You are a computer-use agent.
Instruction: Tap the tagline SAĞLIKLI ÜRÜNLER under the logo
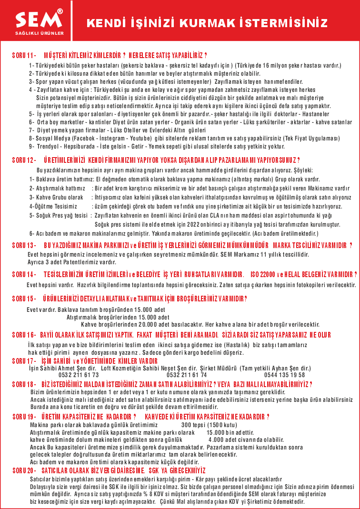(39, 33)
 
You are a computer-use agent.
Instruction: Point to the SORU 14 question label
(24, 275)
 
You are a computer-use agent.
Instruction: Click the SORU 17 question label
(24, 361)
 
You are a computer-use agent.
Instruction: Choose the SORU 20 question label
(24, 470)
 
